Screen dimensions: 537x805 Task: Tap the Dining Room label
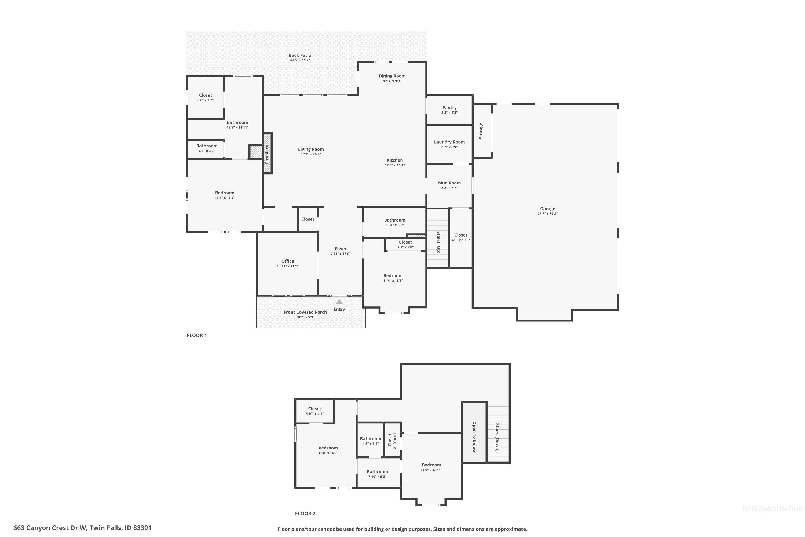tap(392, 76)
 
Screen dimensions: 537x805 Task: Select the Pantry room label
tap(449, 108)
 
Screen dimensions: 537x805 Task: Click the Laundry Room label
tap(449, 142)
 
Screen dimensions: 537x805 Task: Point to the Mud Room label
tap(449, 183)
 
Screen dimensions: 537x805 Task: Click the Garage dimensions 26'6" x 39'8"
tap(547, 214)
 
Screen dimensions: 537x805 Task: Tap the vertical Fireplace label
tap(267, 153)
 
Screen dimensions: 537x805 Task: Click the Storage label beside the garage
tap(481, 130)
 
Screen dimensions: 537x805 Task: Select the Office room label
tap(287, 261)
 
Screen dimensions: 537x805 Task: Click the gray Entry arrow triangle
tap(339, 302)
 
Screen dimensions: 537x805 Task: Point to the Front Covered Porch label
tap(305, 312)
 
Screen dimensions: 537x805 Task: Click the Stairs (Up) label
tap(438, 242)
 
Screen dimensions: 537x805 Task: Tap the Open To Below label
tap(474, 437)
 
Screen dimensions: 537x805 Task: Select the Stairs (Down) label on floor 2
tap(497, 437)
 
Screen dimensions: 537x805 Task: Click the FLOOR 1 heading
tap(196, 335)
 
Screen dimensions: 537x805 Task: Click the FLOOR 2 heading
tap(305, 513)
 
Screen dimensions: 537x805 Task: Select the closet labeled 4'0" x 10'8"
tap(460, 237)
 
